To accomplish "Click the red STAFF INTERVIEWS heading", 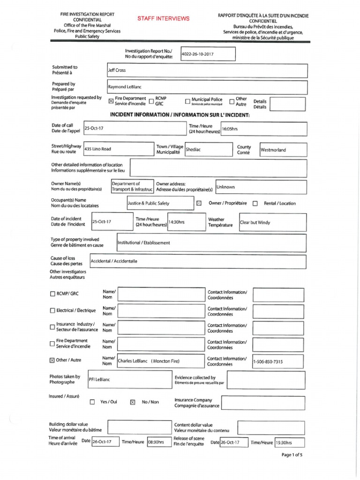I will (163, 18).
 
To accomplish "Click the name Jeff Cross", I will (117, 70).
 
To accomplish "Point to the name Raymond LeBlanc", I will (125, 87).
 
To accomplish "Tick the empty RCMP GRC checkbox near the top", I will (151, 101).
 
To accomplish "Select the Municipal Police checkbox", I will (187, 101).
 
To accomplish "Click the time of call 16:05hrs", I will (231, 128).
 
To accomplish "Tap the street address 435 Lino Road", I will (97, 149).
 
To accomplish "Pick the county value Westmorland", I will (274, 150).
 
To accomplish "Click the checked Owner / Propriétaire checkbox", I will (199, 203).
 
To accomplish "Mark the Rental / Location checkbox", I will (255, 203).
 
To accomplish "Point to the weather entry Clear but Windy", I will (255, 223).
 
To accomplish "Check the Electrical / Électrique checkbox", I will (52, 311).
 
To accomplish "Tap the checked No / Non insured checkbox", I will (133, 402).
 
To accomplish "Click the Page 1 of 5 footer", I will (292, 455).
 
